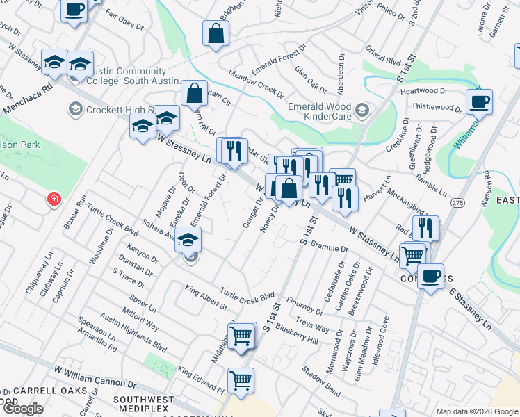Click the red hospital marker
click(x=54, y=200)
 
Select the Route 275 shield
click(x=457, y=202)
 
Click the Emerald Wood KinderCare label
click(x=321, y=111)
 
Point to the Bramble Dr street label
click(x=330, y=248)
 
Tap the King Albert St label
click(x=205, y=297)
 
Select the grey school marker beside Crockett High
click(x=74, y=109)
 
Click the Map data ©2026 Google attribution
click(x=477, y=411)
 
